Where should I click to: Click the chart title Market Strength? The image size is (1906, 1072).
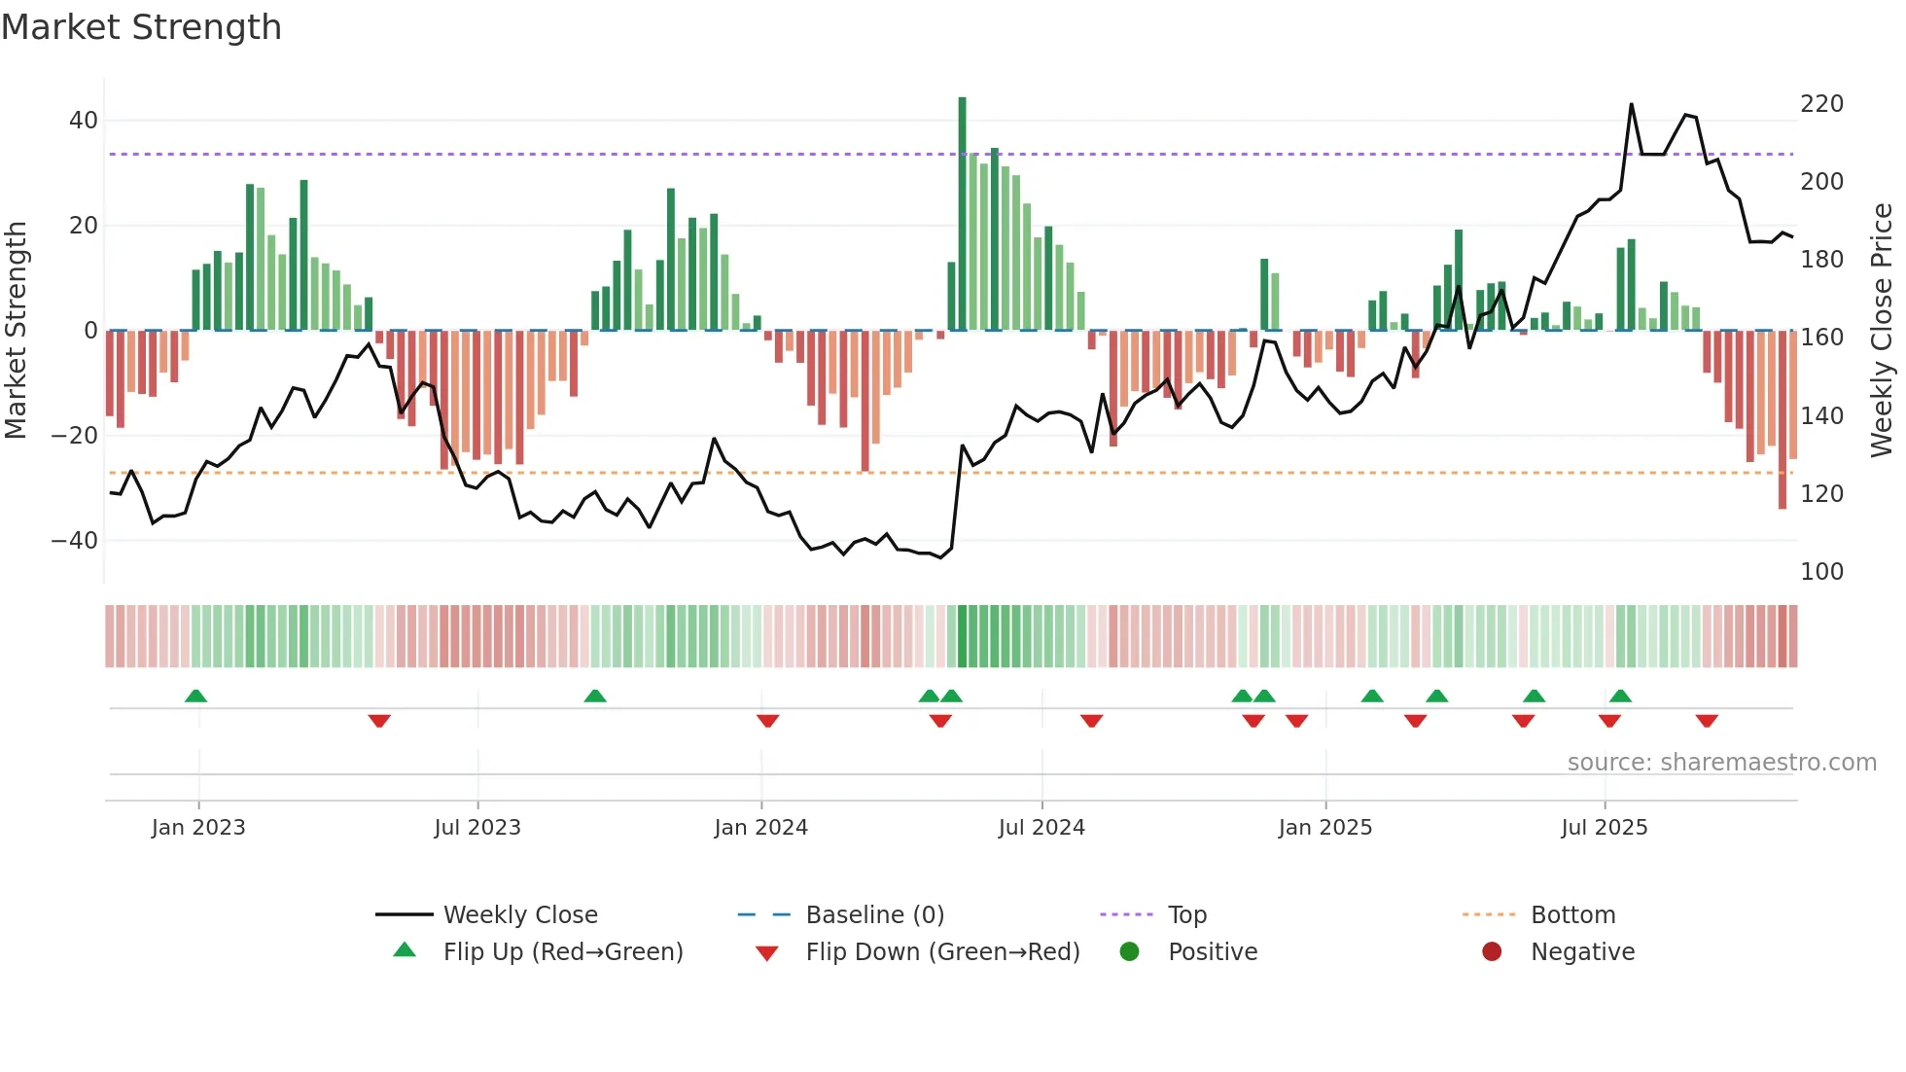click(x=141, y=27)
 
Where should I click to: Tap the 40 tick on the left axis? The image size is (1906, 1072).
click(x=84, y=121)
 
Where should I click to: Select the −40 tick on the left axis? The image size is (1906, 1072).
click(x=75, y=540)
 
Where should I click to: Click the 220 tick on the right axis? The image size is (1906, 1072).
click(x=1821, y=104)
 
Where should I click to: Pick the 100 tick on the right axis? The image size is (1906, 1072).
click(x=1821, y=571)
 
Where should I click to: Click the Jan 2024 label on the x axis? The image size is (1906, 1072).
click(x=760, y=828)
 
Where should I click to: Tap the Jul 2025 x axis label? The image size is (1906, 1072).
click(x=1604, y=828)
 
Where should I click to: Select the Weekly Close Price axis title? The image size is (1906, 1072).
click(x=1882, y=331)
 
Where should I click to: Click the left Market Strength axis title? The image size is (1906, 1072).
click(x=16, y=331)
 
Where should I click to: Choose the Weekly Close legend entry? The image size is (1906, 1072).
click(x=520, y=915)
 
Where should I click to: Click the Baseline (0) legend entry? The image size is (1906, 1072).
click(x=874, y=915)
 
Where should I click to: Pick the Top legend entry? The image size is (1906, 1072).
click(x=1186, y=915)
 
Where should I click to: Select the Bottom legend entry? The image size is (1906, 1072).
click(x=1572, y=915)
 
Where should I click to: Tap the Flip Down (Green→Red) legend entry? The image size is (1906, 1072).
click(x=942, y=952)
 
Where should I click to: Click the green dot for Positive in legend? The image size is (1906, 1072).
click(x=1129, y=951)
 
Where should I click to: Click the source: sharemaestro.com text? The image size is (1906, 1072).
click(x=1721, y=763)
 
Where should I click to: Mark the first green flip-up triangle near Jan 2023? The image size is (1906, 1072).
click(x=195, y=696)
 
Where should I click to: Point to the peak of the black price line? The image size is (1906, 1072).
click(x=1631, y=105)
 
